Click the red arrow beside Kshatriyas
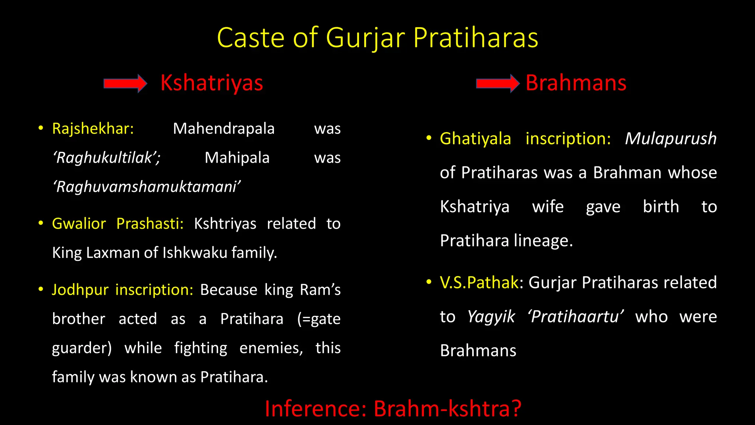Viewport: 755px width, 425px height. coord(125,83)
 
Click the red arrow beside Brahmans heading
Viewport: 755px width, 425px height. coord(498,83)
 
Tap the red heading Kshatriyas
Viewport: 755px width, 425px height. coord(212,83)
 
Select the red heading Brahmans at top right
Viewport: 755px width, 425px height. coord(576,83)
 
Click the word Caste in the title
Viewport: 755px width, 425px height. coord(251,38)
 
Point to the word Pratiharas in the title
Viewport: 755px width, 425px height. coord(476,38)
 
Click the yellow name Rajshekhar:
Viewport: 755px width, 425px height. coord(93,129)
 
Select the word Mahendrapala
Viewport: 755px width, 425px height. coord(224,129)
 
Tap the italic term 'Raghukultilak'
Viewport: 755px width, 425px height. coord(106,158)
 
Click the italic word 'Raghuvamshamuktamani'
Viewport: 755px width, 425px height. coord(147,187)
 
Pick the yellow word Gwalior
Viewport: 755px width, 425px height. coord(79,224)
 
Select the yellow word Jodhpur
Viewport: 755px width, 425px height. coord(80,290)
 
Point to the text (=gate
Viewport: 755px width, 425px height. coord(319,319)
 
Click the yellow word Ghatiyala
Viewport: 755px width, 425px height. coord(475,139)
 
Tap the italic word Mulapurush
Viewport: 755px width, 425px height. coord(671,139)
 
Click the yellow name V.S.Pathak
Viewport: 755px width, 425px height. coord(479,283)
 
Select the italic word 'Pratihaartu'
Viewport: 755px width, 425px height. coord(575,317)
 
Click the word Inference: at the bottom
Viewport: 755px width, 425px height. coord(316,409)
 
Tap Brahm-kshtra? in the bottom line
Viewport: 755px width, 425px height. coord(448,409)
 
